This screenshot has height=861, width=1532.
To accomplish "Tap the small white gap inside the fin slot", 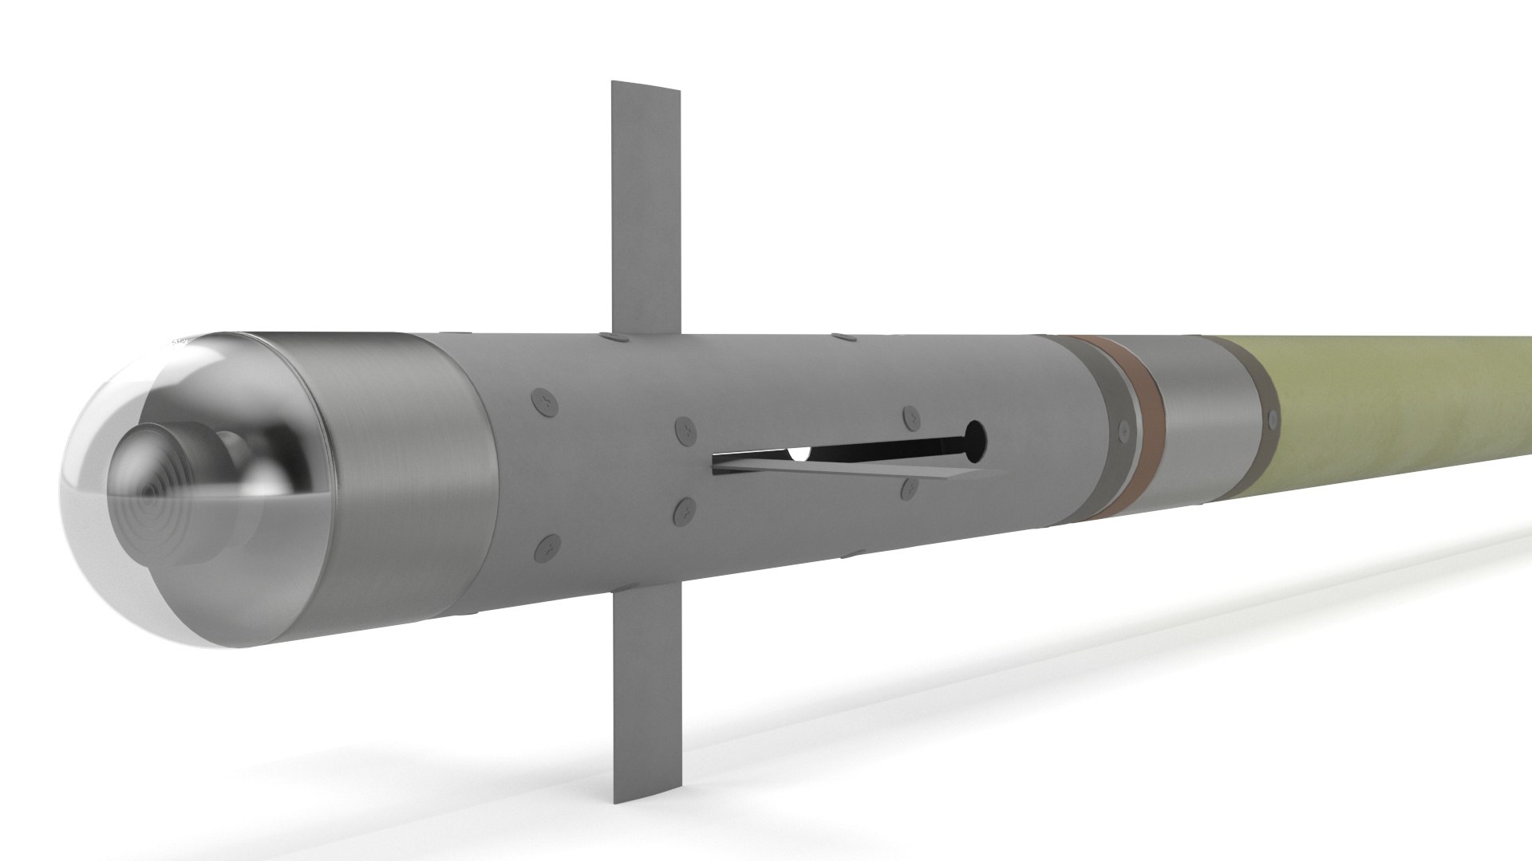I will coord(799,454).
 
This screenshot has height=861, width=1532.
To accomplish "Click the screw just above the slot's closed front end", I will coord(684,430).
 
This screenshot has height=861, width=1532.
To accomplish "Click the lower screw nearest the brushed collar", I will coord(547,548).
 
